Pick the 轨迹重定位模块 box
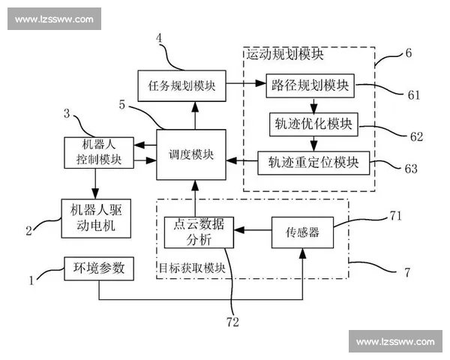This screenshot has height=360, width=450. pyautogui.click(x=313, y=160)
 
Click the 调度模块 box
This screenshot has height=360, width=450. pyautogui.click(x=191, y=154)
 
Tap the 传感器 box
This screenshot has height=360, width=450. pyautogui.click(x=302, y=232)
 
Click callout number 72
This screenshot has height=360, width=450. pyautogui.click(x=234, y=322)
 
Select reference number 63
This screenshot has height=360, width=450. pyautogui.click(x=411, y=169)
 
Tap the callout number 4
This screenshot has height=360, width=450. pyautogui.click(x=160, y=37)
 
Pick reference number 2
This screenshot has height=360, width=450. pyautogui.click(x=29, y=231)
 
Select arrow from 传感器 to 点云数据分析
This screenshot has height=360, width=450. pyautogui.click(x=252, y=232)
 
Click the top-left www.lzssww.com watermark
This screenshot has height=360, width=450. pyautogui.click(x=54, y=19)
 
